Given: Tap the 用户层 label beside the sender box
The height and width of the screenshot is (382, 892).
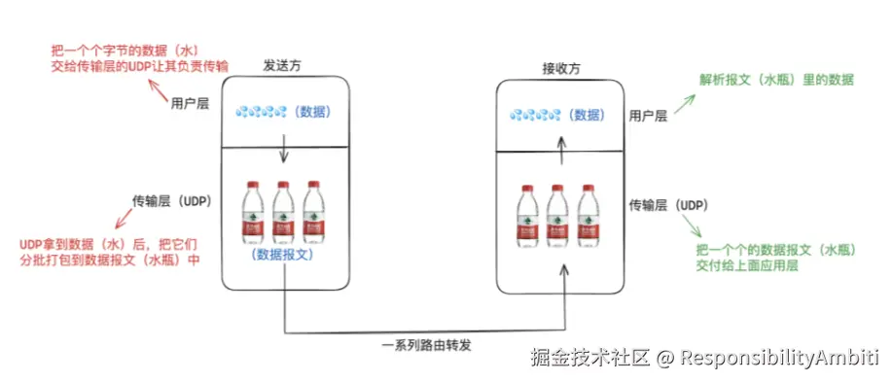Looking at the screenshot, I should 190,104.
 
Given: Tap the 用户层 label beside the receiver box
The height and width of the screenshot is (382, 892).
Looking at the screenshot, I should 648,116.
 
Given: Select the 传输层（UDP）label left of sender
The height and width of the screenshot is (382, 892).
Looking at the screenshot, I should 172,201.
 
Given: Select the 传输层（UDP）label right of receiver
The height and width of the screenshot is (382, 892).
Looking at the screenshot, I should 667,205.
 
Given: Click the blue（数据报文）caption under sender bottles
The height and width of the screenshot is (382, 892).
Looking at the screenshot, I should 282,255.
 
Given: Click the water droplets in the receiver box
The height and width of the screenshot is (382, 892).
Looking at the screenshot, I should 533,115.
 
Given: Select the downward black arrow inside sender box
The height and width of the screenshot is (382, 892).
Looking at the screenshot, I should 282,150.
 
